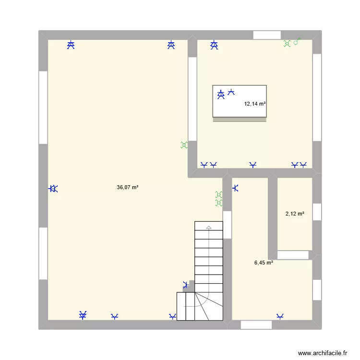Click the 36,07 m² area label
coord(127,188)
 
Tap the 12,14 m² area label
coord(255,104)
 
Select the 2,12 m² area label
coord(295,214)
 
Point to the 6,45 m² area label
coord(264,263)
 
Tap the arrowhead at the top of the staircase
coord(209,227)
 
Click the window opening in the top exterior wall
coord(267,35)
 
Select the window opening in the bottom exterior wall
coord(256,325)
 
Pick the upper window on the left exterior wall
coord(43,107)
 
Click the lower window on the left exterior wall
coord(43,253)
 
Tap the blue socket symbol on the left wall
coord(53,189)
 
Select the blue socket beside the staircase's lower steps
coord(186,285)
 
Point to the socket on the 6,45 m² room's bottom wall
coord(280,316)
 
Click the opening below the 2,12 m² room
coord(295,255)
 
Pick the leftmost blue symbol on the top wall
coord(71,45)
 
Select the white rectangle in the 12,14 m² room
coord(239,101)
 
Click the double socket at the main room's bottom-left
coord(83,315)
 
